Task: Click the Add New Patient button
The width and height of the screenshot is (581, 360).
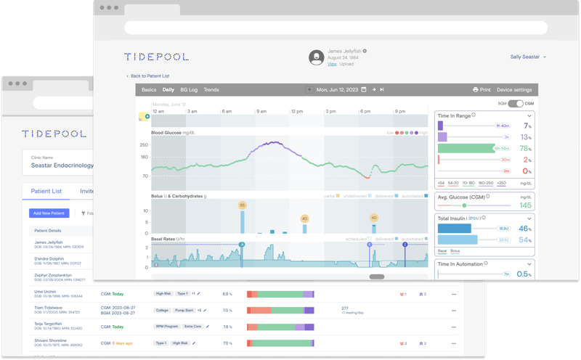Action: [49, 213]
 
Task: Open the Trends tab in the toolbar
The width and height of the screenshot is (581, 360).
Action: [211, 90]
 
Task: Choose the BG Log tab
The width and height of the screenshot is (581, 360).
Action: [189, 90]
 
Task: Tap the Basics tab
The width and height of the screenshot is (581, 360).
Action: [149, 90]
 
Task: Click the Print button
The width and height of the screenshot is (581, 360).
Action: [482, 90]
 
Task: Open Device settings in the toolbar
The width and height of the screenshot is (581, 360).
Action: [514, 90]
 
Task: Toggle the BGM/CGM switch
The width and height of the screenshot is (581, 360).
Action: [515, 104]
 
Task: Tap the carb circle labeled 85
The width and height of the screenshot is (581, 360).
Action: [243, 205]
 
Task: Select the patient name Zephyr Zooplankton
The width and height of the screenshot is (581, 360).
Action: [54, 276]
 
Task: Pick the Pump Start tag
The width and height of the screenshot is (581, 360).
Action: [185, 310]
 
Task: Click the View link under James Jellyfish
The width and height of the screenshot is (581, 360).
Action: [332, 64]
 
